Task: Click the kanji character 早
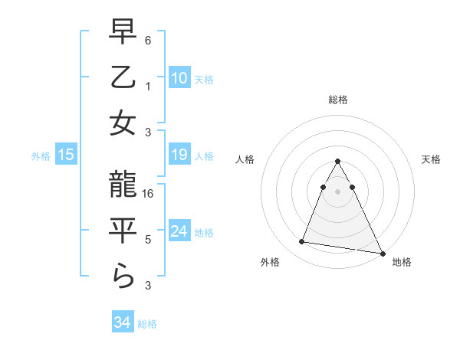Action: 123,32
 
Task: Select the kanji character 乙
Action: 123,77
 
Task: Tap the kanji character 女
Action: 123,123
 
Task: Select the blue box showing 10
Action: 179,77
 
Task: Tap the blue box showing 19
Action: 179,155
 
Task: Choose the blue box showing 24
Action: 179,232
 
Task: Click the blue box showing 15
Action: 66,155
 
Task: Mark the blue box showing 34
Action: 123,322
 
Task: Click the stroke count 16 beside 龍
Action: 149,195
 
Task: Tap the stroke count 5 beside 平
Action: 149,240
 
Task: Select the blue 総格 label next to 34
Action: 147,324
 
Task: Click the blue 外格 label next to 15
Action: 41,156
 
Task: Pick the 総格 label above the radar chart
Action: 337,100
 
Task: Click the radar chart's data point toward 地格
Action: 382,254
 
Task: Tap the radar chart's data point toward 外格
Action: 301,242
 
